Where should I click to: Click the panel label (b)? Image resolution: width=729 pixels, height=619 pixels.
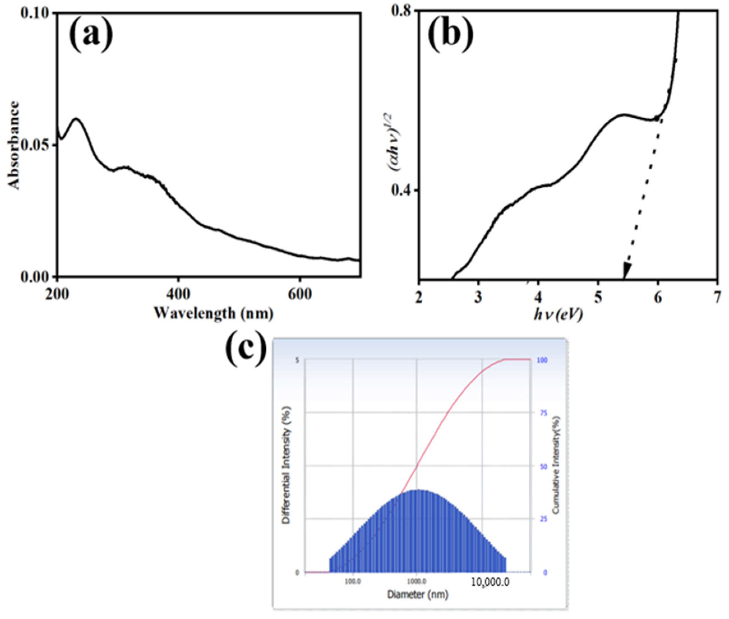point(451,33)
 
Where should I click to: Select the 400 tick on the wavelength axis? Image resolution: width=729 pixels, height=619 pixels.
point(178,295)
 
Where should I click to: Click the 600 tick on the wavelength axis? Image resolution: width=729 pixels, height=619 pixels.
point(299,295)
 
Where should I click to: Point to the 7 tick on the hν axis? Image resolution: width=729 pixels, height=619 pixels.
point(716,297)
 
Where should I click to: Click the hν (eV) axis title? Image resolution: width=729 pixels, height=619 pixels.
point(558,315)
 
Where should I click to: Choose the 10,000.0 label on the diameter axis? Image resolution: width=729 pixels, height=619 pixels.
point(490,583)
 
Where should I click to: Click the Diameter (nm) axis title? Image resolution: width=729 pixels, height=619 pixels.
point(417,594)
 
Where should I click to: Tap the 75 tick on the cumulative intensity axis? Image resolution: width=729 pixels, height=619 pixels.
point(544,413)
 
